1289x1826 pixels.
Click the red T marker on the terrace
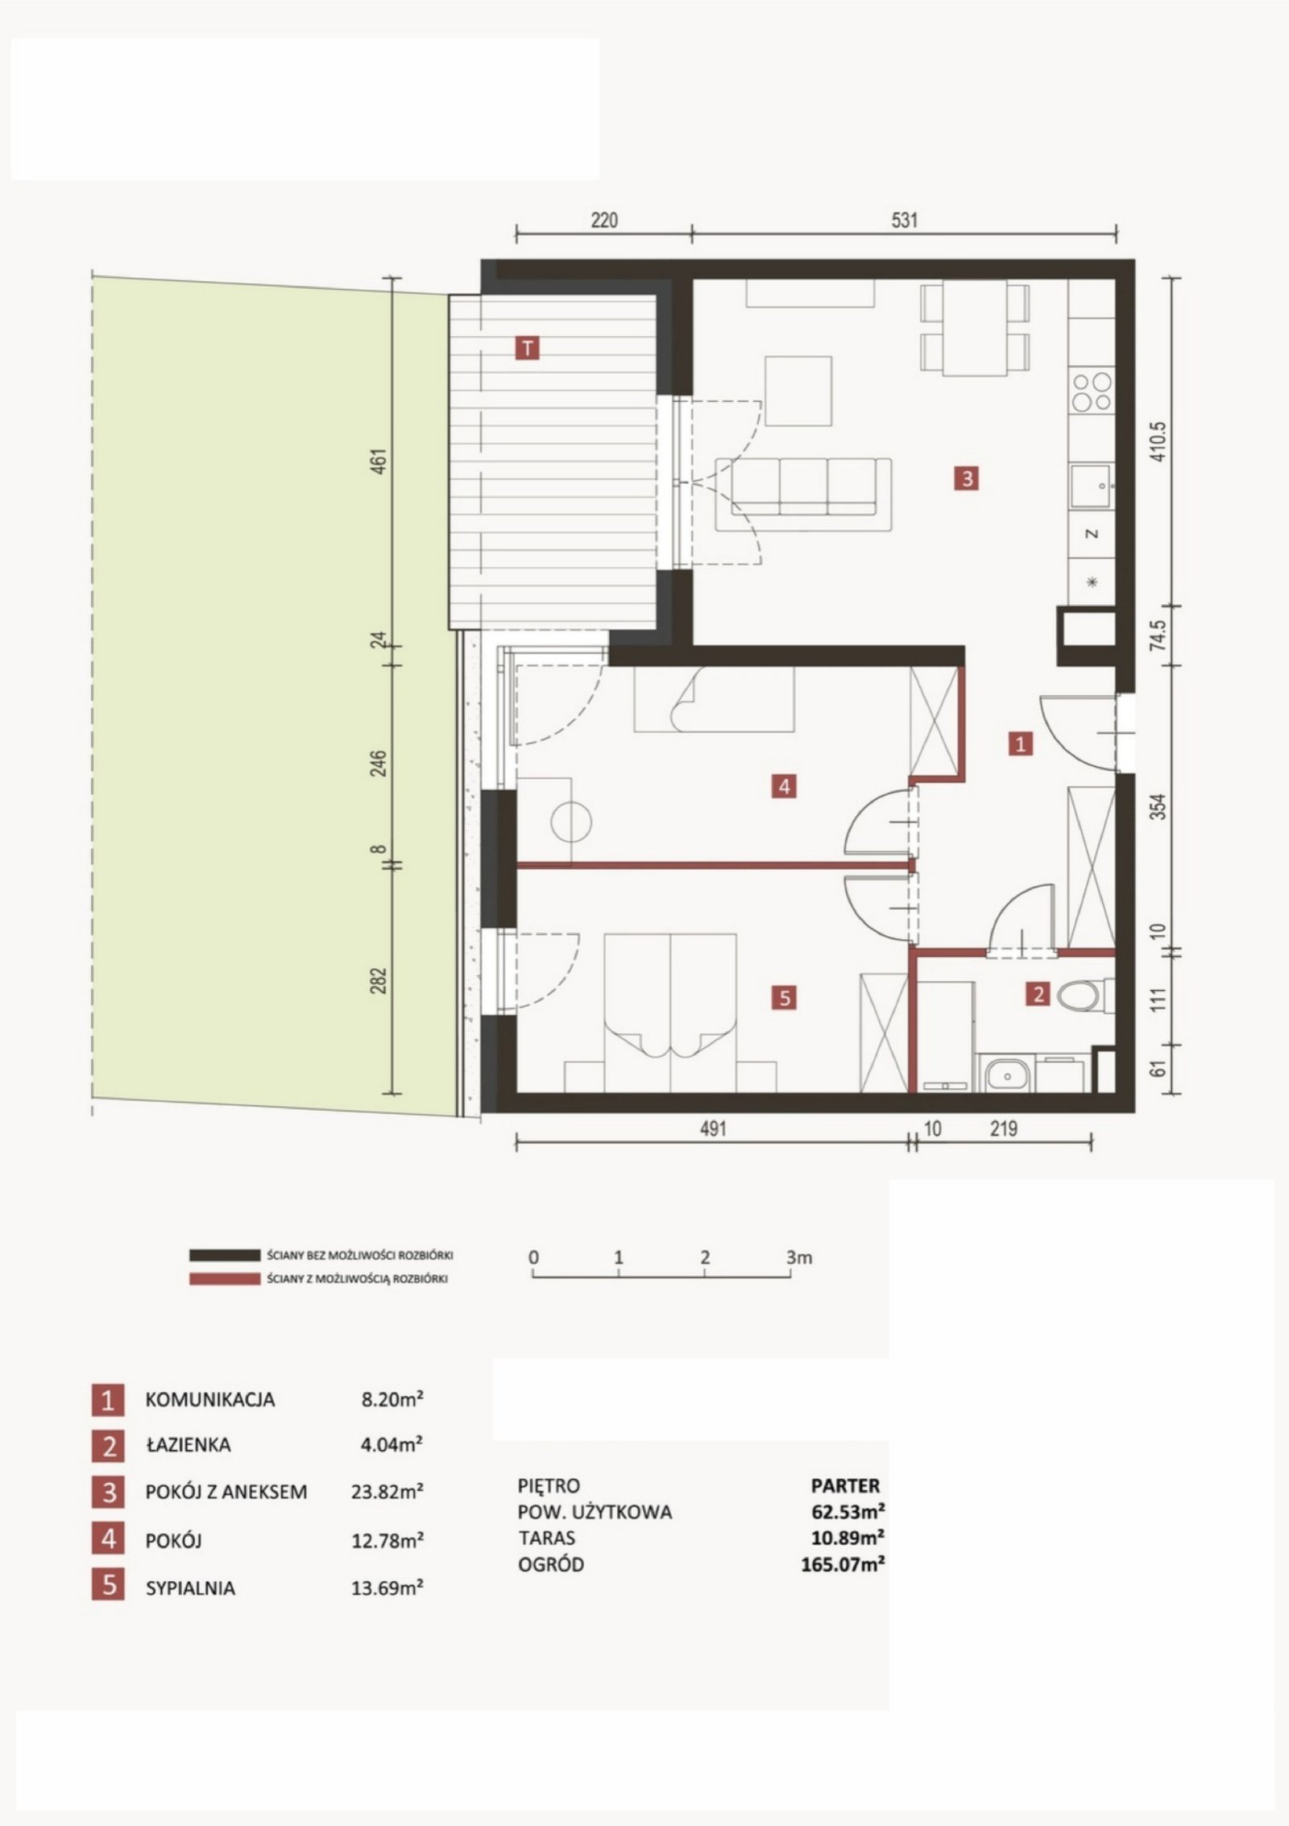[528, 348]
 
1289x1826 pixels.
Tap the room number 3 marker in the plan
[967, 478]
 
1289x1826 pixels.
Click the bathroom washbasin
[1004, 1073]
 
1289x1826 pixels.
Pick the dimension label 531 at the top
[905, 220]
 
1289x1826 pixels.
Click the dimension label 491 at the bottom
[712, 1128]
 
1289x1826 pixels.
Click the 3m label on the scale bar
[799, 1257]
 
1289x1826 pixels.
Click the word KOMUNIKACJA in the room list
[209, 1399]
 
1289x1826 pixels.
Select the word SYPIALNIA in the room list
[190, 1588]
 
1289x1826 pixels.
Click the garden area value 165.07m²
[839, 1564]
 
